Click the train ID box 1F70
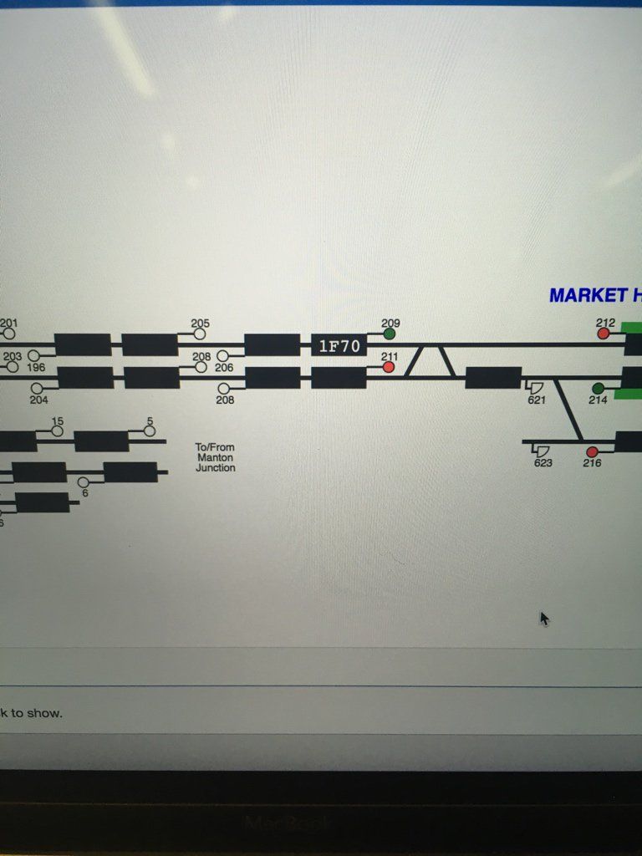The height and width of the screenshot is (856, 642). (339, 345)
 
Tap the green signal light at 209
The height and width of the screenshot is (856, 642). (390, 334)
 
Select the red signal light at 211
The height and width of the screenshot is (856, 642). (389, 367)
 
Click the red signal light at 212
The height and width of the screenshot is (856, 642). (604, 334)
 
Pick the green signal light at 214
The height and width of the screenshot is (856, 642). (598, 389)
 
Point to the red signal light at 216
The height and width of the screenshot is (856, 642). (592, 452)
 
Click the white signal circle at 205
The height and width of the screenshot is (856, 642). (200, 334)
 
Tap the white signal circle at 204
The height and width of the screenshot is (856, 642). (38, 389)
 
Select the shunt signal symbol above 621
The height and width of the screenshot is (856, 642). (536, 387)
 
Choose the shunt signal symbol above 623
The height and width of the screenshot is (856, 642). (542, 451)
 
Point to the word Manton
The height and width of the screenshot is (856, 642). (215, 457)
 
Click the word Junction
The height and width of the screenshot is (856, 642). (215, 468)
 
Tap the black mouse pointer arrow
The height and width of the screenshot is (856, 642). (544, 619)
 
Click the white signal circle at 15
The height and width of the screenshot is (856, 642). (57, 431)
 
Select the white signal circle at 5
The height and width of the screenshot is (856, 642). (149, 431)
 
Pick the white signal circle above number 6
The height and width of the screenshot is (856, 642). (84, 482)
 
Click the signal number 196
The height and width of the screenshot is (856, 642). (36, 367)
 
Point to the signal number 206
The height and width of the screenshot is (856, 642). (224, 367)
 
